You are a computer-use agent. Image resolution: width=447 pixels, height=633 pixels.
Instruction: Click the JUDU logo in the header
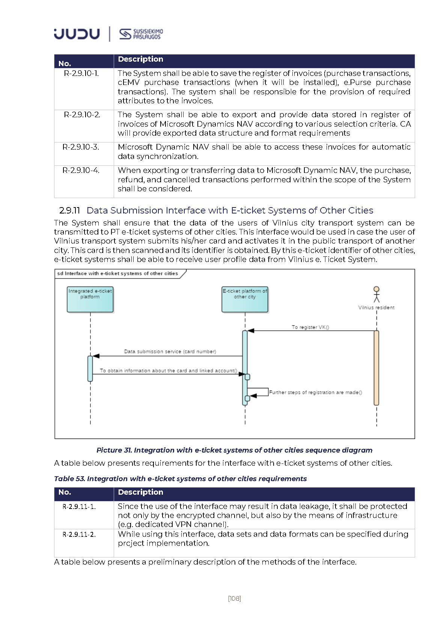(x=77, y=34)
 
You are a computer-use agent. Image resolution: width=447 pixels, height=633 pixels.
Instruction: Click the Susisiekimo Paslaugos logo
(x=141, y=34)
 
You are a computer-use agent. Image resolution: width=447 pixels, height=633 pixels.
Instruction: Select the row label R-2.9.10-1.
(x=81, y=73)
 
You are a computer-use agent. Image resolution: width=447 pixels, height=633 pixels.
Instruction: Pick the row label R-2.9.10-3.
(x=81, y=147)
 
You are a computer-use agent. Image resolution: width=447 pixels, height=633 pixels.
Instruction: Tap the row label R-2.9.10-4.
(x=81, y=170)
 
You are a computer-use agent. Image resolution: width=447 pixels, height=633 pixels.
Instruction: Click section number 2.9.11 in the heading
(x=70, y=210)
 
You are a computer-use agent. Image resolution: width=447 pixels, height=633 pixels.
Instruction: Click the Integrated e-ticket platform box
(x=90, y=299)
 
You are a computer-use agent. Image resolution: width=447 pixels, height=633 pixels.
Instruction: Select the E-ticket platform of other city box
(x=245, y=299)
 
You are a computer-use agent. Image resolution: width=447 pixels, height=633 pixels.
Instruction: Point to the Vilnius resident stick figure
(x=376, y=294)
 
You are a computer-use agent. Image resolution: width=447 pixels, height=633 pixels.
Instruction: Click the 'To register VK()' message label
(x=310, y=327)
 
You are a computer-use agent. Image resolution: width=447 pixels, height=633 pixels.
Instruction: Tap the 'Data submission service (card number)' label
(x=170, y=351)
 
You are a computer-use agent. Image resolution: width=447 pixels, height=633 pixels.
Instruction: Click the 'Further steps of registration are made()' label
(x=315, y=392)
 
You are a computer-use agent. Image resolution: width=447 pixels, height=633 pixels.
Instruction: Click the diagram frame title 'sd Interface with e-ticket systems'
(x=117, y=273)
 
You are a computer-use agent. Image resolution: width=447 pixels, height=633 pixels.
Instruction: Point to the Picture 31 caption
(x=234, y=450)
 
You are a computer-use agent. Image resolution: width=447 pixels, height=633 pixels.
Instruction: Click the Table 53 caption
(x=180, y=479)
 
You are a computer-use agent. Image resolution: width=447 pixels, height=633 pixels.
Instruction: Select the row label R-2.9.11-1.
(x=79, y=507)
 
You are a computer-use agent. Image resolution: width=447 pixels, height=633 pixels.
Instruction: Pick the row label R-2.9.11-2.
(x=79, y=535)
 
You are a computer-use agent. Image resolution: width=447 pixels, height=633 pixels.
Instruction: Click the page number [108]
(x=235, y=598)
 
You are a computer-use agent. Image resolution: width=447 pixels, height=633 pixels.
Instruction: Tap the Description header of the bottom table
(x=140, y=492)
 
